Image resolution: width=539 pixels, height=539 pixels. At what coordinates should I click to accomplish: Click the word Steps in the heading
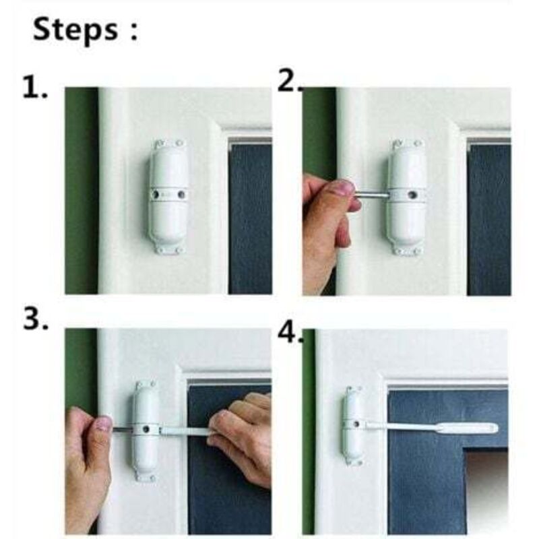point(75,30)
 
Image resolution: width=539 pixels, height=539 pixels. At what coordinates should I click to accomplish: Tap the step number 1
point(35,88)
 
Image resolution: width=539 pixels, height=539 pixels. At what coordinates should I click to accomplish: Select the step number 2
point(289,82)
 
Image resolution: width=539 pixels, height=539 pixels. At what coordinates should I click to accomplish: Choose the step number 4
point(290,332)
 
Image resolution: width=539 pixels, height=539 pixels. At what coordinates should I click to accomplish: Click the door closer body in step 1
point(168,195)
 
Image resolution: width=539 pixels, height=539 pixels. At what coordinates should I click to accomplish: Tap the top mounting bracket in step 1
point(170,144)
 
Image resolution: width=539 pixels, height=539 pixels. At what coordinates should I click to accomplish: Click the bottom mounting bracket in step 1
point(169,250)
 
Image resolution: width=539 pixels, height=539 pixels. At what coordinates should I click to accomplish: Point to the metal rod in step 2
point(372,195)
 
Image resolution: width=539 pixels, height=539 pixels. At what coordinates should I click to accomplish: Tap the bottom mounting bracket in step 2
point(407,251)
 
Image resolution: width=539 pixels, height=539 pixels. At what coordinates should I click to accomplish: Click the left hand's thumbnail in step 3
point(104,424)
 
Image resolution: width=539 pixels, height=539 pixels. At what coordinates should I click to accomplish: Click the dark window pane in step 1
point(251,219)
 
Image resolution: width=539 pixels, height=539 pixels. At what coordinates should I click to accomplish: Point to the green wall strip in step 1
point(82,191)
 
